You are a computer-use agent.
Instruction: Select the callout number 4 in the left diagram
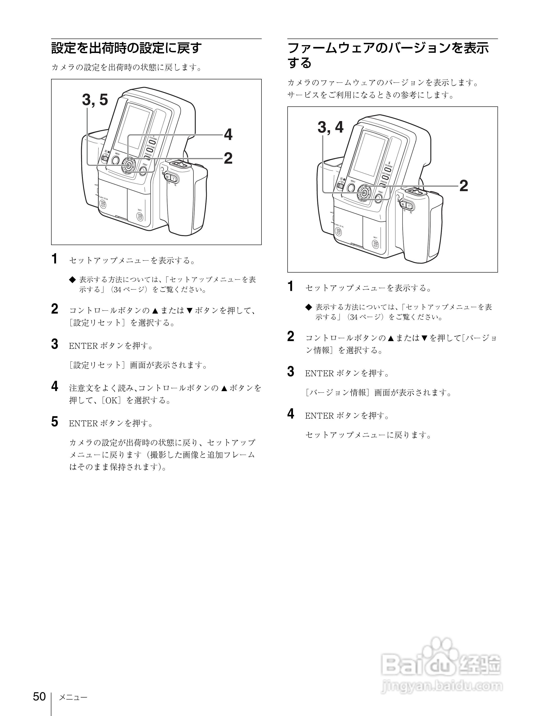coord(228,134)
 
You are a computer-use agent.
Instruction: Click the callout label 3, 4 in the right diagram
coord(330,127)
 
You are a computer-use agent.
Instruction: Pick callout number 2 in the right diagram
coord(463,186)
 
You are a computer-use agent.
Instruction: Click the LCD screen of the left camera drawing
coord(134,126)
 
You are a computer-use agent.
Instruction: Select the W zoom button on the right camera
coord(403,204)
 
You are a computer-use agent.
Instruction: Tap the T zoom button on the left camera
coord(174,178)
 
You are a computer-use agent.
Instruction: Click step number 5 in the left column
coord(55,422)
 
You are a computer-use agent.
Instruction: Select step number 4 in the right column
coord(291,414)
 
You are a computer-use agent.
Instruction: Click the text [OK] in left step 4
coord(111,400)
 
